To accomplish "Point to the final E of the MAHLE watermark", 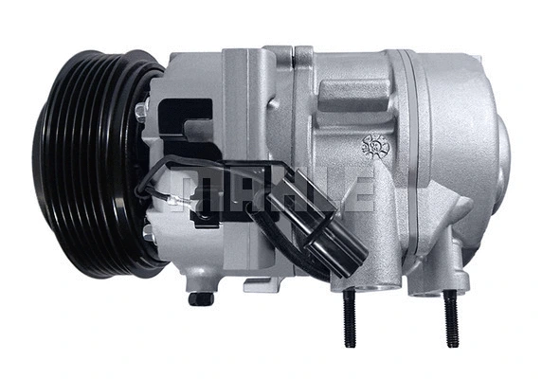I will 357,190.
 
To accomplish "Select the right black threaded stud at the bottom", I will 450,317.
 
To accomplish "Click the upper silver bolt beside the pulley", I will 141,112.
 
